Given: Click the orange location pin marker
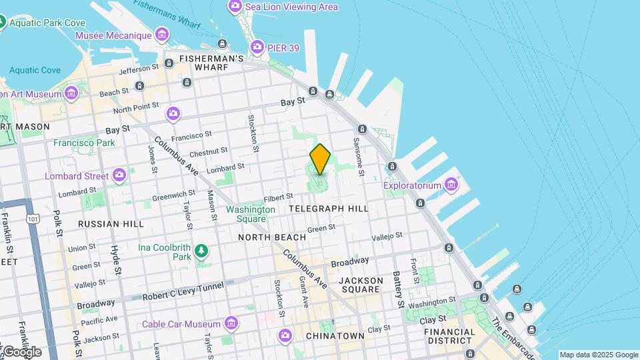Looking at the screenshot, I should pyautogui.click(x=320, y=159).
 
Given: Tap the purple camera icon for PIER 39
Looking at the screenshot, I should pyautogui.click(x=257, y=47).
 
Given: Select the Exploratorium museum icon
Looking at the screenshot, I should pyautogui.click(x=452, y=184).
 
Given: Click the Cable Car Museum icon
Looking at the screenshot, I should pyautogui.click(x=231, y=324).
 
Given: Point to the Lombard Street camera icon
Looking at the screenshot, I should pyautogui.click(x=119, y=176).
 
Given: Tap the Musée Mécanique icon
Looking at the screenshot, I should pyautogui.click(x=161, y=34).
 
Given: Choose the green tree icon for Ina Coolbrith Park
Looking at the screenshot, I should pyautogui.click(x=201, y=251).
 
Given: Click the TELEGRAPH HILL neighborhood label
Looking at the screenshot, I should pyautogui.click(x=328, y=209).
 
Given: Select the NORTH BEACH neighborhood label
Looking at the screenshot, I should pyautogui.click(x=272, y=237).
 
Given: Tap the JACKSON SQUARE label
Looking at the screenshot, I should pyautogui.click(x=361, y=285).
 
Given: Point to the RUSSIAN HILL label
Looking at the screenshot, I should pyautogui.click(x=111, y=224).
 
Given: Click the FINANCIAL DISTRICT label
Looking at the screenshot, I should pyautogui.click(x=451, y=336).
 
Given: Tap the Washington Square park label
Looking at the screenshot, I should pyautogui.click(x=251, y=214).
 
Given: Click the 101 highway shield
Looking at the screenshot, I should pyautogui.click(x=31, y=217).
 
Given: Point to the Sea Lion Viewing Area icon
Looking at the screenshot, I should pyautogui.click(x=235, y=7).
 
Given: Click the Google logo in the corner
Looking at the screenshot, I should pyautogui.click(x=21, y=351).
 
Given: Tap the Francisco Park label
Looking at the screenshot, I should pyautogui.click(x=84, y=143).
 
